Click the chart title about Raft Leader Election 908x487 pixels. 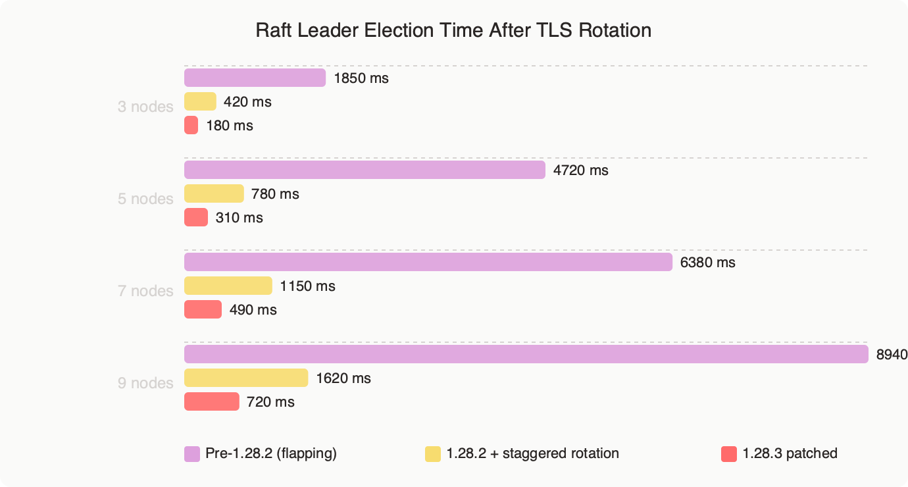(x=453, y=30)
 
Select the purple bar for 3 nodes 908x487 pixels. (x=255, y=78)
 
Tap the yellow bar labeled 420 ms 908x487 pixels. (x=200, y=101)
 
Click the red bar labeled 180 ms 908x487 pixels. (x=191, y=125)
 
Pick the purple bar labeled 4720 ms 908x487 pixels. (x=365, y=170)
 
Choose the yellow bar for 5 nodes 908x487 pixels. (x=214, y=193)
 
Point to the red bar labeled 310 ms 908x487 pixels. (x=196, y=217)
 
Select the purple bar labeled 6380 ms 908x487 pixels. (x=428, y=262)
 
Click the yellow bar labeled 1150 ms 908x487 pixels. (x=228, y=286)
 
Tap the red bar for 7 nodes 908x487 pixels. (x=203, y=309)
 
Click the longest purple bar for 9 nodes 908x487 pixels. (x=526, y=354)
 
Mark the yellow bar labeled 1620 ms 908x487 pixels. (x=246, y=378)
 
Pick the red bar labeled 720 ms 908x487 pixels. (x=211, y=401)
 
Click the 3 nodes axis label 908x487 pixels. (x=145, y=107)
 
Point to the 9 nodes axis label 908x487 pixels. (x=145, y=383)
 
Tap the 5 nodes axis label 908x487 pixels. (x=145, y=199)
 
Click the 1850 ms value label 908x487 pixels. (x=361, y=78)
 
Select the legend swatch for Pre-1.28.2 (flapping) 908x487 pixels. (x=192, y=453)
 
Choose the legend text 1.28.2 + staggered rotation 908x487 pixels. (x=532, y=453)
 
